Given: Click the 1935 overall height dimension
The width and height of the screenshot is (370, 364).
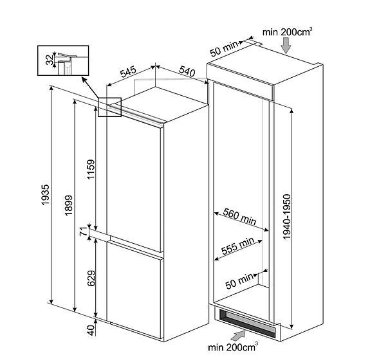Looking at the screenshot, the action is (x=45, y=195).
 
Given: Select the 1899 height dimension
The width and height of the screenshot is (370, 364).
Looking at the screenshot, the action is (x=69, y=205).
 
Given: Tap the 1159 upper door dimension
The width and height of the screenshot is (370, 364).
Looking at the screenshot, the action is (x=91, y=169).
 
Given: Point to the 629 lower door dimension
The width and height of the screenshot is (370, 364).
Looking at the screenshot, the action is (x=91, y=278).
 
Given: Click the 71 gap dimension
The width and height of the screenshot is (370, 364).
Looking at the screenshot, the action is (x=84, y=232).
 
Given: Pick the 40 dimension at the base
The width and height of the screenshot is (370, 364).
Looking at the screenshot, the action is (x=91, y=331).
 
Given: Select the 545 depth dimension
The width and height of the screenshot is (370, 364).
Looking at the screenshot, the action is (x=129, y=72).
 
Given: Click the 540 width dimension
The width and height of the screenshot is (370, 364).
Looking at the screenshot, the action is (x=187, y=71).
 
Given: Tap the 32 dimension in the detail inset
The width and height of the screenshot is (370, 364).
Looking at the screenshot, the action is (x=50, y=60).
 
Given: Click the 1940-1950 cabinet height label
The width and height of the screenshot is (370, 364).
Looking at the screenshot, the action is (x=287, y=217).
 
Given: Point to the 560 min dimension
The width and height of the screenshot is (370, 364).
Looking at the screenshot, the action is (x=240, y=216).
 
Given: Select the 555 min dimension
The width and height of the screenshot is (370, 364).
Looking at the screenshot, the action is (x=238, y=246).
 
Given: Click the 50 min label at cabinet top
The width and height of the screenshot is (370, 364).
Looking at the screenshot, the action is (x=224, y=49).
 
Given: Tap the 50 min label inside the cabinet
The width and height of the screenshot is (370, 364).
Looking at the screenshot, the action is (x=239, y=281).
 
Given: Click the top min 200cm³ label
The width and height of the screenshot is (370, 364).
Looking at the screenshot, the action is (x=288, y=32).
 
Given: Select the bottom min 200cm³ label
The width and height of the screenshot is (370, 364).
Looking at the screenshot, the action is (x=233, y=347).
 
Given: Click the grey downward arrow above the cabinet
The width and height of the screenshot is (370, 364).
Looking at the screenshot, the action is (x=286, y=46).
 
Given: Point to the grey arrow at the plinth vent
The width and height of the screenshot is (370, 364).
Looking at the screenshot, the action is (x=238, y=336).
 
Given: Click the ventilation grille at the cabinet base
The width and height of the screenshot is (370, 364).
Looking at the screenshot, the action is (x=247, y=323).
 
